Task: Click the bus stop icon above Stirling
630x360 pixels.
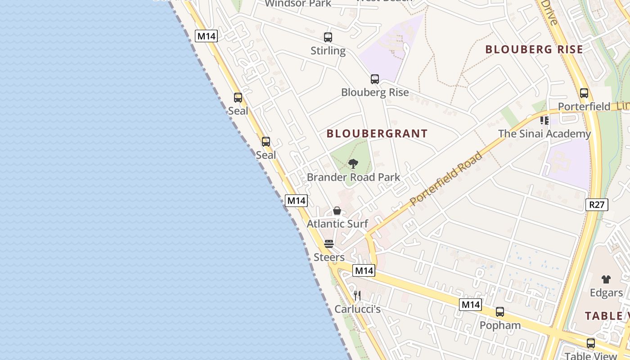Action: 328,37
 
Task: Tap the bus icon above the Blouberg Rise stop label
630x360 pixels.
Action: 375,79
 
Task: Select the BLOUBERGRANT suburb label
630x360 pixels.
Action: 377,134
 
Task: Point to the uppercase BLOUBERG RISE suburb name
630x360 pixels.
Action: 534,49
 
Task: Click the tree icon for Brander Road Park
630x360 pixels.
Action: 353,164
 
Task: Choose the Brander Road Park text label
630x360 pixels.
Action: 353,177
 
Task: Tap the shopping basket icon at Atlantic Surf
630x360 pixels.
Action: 337,211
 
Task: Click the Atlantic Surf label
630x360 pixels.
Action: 337,224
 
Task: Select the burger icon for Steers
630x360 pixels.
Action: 329,244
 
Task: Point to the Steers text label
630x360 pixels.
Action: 329,257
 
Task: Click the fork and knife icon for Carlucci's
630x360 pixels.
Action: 357,296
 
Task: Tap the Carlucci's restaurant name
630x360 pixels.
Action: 357,309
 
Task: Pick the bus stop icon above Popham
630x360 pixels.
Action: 500,312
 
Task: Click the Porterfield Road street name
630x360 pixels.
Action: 447,179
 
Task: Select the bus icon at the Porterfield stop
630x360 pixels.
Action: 584,93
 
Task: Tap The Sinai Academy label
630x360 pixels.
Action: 544,134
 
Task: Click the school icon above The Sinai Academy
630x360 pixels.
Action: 544,121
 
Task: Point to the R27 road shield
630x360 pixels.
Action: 597,205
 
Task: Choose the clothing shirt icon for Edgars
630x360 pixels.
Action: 606,279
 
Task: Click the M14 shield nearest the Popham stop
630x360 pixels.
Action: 470,305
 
